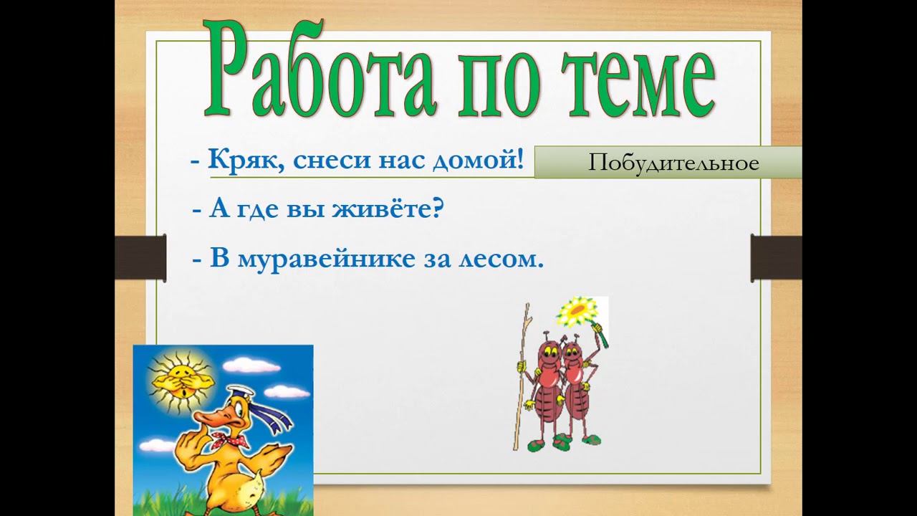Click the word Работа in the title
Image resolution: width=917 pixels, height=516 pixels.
coord(320,70)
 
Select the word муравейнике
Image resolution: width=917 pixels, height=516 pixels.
coord(326,259)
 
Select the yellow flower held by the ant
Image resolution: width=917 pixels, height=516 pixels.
coord(577,312)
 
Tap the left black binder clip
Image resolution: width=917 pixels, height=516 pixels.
coord(140,258)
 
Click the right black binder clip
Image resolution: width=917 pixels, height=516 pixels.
coord(776,258)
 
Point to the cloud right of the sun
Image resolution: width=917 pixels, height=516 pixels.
coord(251,365)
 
